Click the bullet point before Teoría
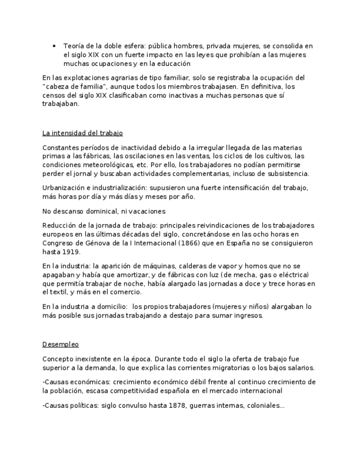coord(54,46)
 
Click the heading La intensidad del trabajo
coord(82,133)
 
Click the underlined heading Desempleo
coord(60,345)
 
